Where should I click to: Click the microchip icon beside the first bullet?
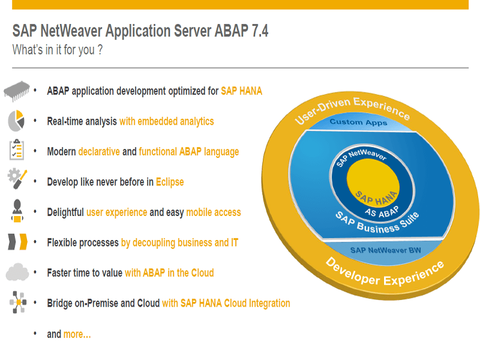(17, 91)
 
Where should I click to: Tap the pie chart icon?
(16, 121)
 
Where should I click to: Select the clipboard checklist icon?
(17, 149)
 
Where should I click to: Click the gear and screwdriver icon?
(17, 178)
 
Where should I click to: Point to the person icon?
(17, 211)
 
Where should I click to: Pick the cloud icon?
(17, 272)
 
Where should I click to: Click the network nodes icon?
(18, 302)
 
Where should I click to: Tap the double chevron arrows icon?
(17, 242)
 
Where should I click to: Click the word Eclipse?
(170, 182)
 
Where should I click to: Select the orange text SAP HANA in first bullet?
(242, 91)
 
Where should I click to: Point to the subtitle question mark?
(100, 50)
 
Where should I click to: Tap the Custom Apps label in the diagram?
(358, 122)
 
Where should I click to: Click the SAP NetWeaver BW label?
(386, 250)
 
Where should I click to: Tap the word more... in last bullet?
(77, 334)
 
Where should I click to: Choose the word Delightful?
(65, 212)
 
